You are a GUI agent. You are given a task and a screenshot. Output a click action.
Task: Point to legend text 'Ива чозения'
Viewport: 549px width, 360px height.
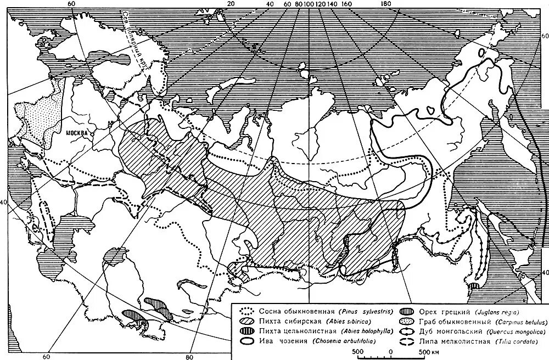pos(270,341)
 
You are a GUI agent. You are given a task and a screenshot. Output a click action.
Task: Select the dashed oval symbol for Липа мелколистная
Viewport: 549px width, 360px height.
pos(407,341)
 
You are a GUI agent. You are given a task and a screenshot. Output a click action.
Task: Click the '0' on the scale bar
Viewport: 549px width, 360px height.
pos(390,351)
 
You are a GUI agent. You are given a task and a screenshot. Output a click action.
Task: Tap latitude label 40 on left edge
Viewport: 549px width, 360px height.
pos(4,202)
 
